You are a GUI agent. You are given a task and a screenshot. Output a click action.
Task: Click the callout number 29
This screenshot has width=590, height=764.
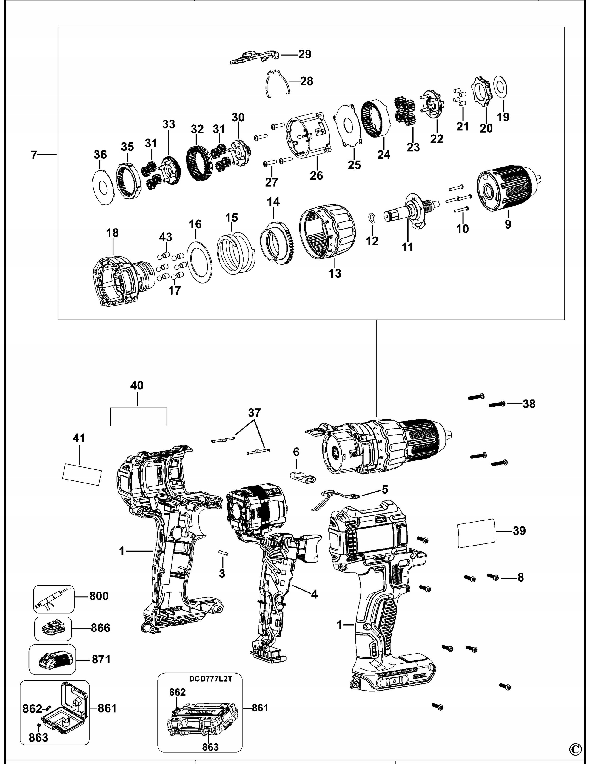coord(304,54)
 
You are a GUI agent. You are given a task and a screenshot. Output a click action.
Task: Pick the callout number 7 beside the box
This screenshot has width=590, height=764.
coord(34,155)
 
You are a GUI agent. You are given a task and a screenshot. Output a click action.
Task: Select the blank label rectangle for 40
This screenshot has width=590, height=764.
coord(138,417)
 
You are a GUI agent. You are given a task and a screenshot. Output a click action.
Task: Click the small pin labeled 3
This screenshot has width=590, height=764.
coord(223,552)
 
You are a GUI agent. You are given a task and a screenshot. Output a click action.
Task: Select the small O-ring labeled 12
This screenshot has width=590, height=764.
coord(372,218)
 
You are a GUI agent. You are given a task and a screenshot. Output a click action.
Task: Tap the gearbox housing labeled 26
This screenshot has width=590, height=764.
coord(308,138)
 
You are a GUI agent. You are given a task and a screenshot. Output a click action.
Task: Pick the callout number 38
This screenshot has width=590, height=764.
coord(529,404)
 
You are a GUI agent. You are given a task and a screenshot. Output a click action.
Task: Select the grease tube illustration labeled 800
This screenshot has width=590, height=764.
coord(53,599)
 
